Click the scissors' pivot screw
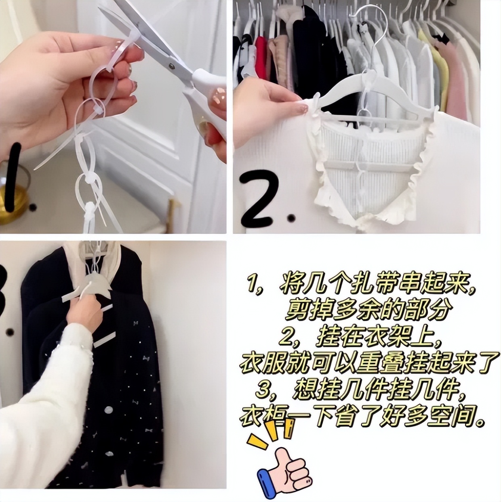pyautogui.click(x=171, y=66)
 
